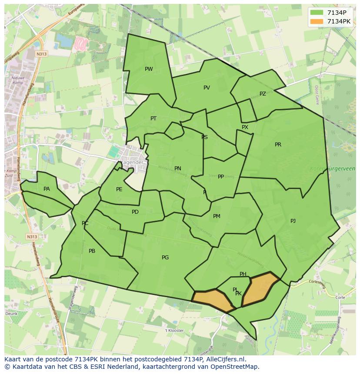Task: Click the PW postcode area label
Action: click(x=149, y=69)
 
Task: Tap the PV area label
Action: click(x=207, y=88)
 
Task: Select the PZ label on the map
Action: click(x=263, y=94)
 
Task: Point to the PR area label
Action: click(x=278, y=145)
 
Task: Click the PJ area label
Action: click(x=293, y=221)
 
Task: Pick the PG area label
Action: click(x=165, y=258)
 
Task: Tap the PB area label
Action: click(x=92, y=251)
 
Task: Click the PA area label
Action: click(x=47, y=189)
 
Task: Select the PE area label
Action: click(x=119, y=189)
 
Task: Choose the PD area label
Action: click(x=135, y=212)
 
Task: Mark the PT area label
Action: click(x=153, y=119)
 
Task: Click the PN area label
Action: click(x=178, y=169)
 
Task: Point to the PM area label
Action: click(x=217, y=216)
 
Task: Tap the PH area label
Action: click(x=243, y=274)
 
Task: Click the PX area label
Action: click(x=245, y=127)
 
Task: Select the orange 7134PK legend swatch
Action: click(x=317, y=21)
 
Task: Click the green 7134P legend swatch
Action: click(x=317, y=13)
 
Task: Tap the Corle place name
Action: click(x=340, y=298)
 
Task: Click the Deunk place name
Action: click(x=11, y=313)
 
